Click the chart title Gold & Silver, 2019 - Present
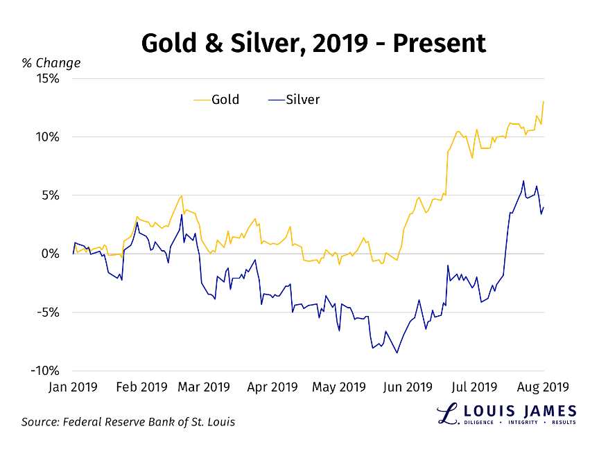click(x=313, y=44)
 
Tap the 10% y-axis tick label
click(x=46, y=137)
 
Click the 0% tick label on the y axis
click(x=49, y=254)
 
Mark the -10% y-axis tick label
click(x=43, y=371)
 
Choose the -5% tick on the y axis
click(x=46, y=312)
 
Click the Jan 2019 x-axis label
click(x=73, y=387)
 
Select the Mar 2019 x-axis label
click(x=205, y=387)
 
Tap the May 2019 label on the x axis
click(x=340, y=387)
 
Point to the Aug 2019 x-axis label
click(x=544, y=387)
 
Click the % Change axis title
click(x=51, y=63)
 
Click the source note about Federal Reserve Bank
click(x=128, y=421)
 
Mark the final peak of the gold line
click(x=544, y=101)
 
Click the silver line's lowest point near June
click(x=397, y=353)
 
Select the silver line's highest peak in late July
click(x=523, y=181)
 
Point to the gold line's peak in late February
click(x=182, y=195)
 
